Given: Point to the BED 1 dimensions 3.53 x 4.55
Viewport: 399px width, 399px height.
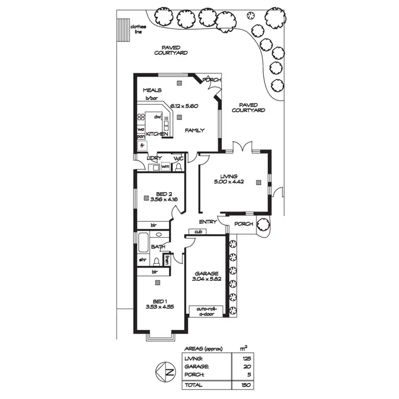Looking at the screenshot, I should tap(159, 307).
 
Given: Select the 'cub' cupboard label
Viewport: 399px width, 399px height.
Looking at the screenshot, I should tap(198, 232).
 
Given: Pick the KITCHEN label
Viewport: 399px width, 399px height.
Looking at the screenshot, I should tap(157, 134).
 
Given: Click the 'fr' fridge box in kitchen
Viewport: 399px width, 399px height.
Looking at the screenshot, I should tap(142, 145).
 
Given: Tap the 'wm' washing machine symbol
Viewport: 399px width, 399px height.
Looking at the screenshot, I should tap(165, 167).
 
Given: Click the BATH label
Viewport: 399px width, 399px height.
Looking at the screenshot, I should tap(158, 247).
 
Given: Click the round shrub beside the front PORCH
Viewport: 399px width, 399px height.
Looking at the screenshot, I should tap(263, 225).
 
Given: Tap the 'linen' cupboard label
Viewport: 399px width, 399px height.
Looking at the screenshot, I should tap(167, 260).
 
